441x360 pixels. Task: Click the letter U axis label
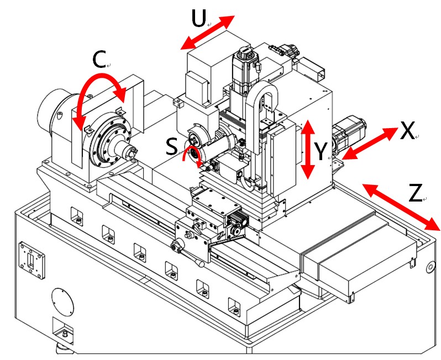tap(198, 19)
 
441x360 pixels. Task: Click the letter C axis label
tap(99, 60)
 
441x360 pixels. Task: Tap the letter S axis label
tap(172, 147)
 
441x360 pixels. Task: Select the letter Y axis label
tap(321, 151)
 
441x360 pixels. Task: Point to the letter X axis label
tap(407, 131)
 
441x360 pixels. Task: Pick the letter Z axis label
tap(416, 193)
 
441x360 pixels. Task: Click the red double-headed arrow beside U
tap(208, 33)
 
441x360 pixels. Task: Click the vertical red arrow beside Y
tap(308, 149)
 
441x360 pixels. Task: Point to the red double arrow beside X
tap(370, 144)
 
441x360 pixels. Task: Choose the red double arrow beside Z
tap(401, 207)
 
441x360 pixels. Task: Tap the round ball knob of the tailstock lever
tap(201, 264)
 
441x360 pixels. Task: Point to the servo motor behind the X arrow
tap(349, 134)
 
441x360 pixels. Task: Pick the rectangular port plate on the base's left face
tap(32, 261)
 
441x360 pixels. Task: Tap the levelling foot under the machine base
tap(64, 350)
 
